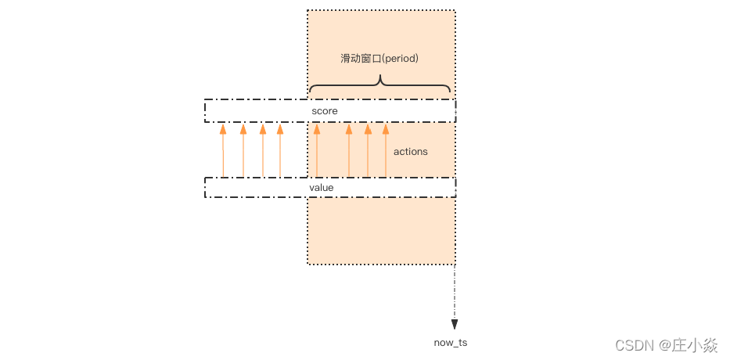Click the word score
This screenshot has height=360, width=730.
click(325, 111)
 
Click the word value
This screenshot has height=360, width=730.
click(322, 188)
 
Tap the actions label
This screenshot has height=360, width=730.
click(411, 151)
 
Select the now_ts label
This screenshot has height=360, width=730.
click(451, 343)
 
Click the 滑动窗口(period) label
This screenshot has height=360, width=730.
click(380, 59)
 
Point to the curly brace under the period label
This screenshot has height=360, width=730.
click(380, 83)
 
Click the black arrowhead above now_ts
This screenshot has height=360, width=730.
click(455, 324)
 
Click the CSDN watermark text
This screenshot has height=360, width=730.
click(635, 344)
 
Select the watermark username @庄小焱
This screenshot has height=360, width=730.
click(689, 344)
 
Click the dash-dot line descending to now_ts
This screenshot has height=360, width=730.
click(455, 293)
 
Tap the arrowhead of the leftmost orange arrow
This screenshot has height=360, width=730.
click(223, 130)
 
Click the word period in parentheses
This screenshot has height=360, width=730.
click(401, 59)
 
